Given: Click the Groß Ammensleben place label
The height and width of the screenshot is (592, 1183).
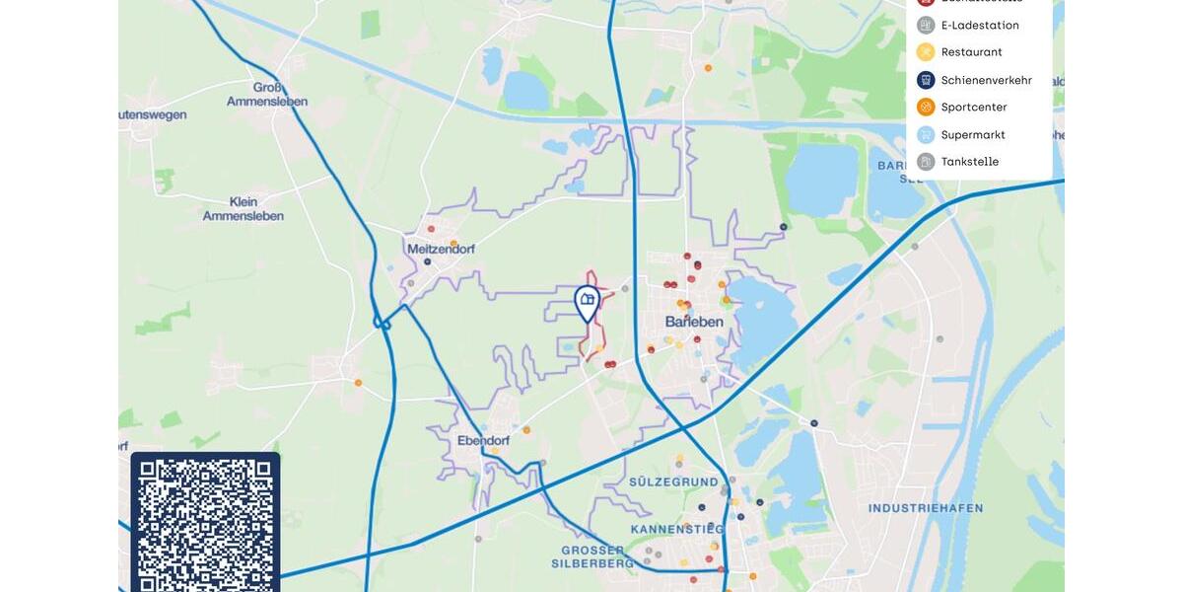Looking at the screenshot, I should pos(267,94).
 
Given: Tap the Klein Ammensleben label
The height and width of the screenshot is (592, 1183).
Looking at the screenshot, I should pos(244,208).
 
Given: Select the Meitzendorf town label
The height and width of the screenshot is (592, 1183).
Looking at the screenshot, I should pos(441,250).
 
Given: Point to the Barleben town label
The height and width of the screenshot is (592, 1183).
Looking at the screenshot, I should pos(694,322).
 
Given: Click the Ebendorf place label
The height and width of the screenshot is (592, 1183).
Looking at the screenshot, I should pos(483,440).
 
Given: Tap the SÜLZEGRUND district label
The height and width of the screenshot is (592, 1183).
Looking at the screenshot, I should pos(673,481).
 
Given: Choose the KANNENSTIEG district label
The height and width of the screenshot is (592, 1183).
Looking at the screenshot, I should pos(676,529).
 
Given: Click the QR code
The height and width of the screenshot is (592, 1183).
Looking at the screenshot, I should pos(205,524).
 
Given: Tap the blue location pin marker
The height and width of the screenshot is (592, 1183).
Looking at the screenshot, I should pos(587,302).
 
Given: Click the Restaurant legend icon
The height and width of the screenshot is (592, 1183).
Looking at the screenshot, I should pos(926,52).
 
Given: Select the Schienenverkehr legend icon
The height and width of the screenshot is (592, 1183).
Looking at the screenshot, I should pos(926,80).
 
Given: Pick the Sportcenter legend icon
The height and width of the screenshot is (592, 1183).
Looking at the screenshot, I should pos(926,107).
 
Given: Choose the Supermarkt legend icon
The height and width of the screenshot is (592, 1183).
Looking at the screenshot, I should pos(926,134).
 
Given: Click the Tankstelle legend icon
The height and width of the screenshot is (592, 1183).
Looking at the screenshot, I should pos(926,162).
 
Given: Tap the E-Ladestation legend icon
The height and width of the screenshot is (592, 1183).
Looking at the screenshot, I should pos(926,26).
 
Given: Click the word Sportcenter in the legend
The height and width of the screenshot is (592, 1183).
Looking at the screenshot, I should pos(974,107).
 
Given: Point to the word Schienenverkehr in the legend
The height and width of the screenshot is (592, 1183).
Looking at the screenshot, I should pos(986,80).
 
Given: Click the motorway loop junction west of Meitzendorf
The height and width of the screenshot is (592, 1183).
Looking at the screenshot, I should pos(380,322).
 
